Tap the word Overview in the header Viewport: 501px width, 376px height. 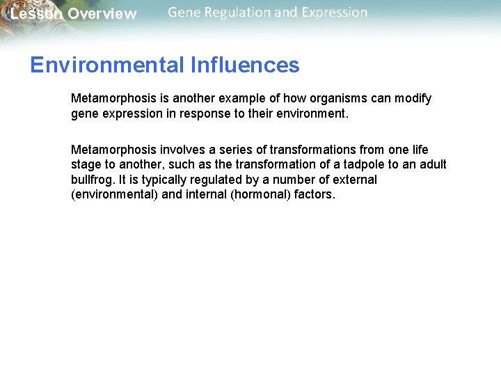pos(102,14)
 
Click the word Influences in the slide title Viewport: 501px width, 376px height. pos(244,65)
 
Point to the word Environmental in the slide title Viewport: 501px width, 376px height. pos(106,65)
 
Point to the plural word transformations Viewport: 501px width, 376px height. pos(313,150)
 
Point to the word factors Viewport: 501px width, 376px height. pos(314,195)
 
